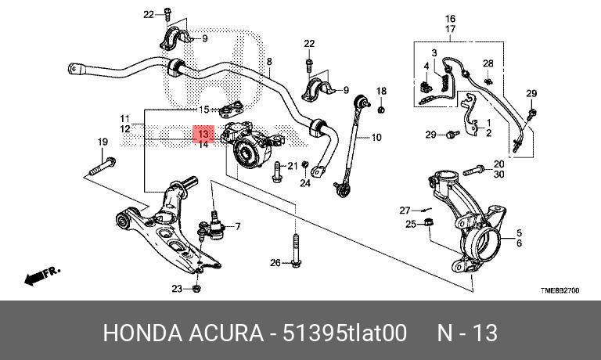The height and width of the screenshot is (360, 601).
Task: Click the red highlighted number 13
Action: (x=203, y=134)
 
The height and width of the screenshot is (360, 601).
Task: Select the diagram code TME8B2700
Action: (x=560, y=290)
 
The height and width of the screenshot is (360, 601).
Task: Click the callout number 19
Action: (x=102, y=142)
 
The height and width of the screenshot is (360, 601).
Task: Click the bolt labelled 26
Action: (x=295, y=250)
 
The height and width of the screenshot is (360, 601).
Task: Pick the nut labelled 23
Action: (x=197, y=289)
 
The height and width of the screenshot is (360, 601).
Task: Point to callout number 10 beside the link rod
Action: (x=376, y=138)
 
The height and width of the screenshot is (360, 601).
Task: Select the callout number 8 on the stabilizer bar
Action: (x=269, y=62)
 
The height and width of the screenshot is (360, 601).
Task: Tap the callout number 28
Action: (x=488, y=63)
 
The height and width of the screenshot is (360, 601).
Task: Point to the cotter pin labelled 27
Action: (x=424, y=210)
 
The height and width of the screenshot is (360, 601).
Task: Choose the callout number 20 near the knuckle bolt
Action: (x=498, y=164)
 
